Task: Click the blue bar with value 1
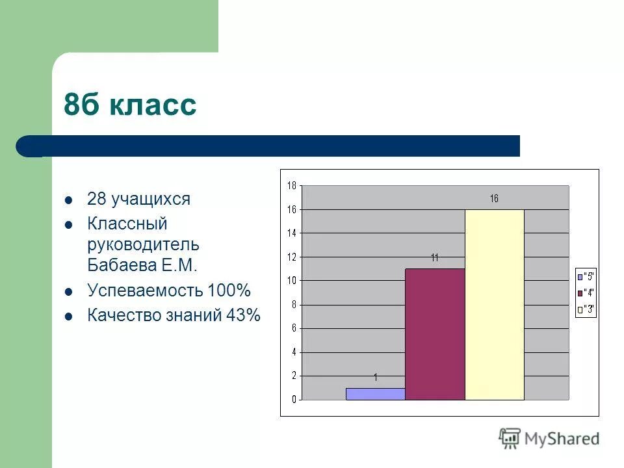point(375,394)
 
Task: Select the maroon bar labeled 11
point(435,334)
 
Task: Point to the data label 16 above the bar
point(494,199)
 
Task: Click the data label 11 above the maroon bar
point(435,258)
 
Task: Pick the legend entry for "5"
point(585,276)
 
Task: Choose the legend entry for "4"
point(585,292)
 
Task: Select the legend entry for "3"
point(585,309)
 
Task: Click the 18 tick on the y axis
point(292,186)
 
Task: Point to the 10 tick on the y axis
point(292,281)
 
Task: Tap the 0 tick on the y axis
point(294,400)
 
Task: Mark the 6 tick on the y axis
point(294,328)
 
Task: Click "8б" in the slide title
point(83,105)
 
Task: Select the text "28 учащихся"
point(138,199)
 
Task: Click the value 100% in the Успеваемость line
point(229,290)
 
